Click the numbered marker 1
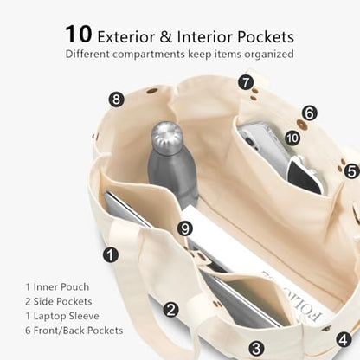click(x=111, y=255)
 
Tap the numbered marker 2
click(x=171, y=310)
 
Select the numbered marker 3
click(x=256, y=348)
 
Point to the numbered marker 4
click(x=344, y=339)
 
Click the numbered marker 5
click(x=351, y=171)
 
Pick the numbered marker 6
click(x=310, y=112)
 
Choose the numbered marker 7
click(x=246, y=82)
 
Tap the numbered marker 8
click(x=116, y=100)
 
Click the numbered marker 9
click(x=185, y=228)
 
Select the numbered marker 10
click(x=292, y=138)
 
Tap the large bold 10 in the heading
click(x=79, y=34)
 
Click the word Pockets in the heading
click(x=266, y=37)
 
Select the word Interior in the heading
click(x=204, y=37)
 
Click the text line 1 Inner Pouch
click(x=57, y=287)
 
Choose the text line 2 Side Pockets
click(x=59, y=301)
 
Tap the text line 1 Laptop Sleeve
click(x=62, y=316)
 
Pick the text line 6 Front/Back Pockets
click(x=74, y=331)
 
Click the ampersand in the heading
click(x=166, y=37)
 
